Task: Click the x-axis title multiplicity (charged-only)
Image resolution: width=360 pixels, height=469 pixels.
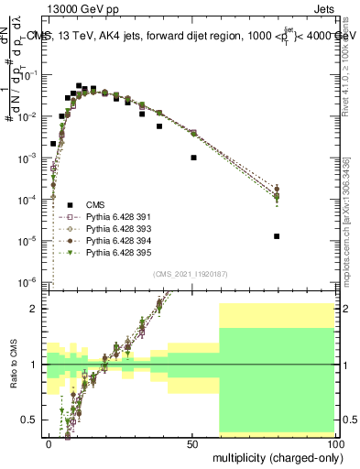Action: (273, 455)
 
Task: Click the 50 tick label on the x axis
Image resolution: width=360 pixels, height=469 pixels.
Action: (192, 442)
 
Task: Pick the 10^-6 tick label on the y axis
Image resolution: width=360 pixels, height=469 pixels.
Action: (31, 282)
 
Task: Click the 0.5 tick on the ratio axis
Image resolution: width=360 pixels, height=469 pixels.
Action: (33, 420)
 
